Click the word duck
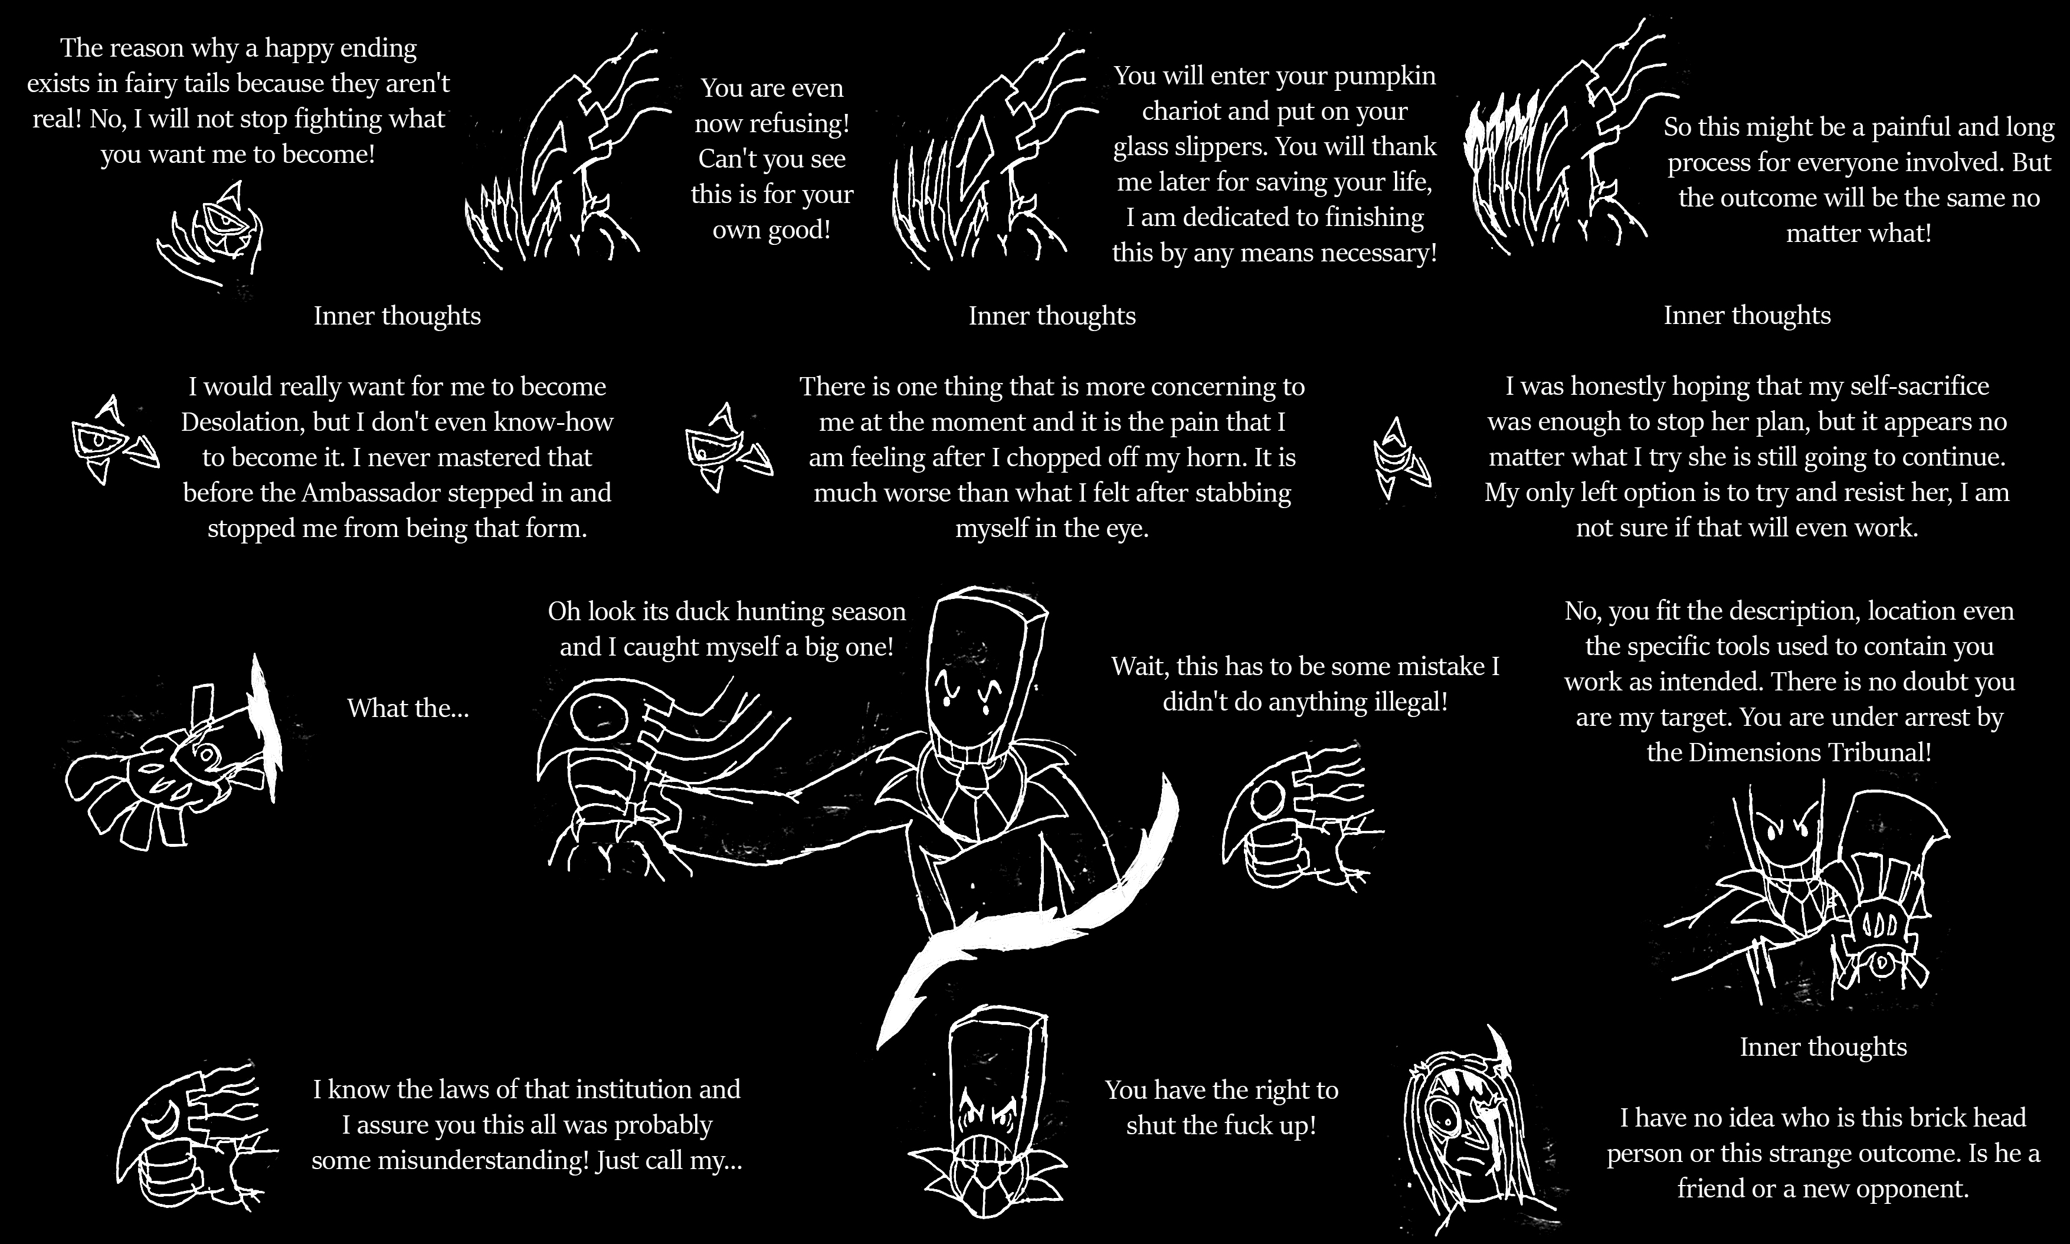[682, 611]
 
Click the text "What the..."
[408, 708]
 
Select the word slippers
[1209, 148]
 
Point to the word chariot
[1184, 112]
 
